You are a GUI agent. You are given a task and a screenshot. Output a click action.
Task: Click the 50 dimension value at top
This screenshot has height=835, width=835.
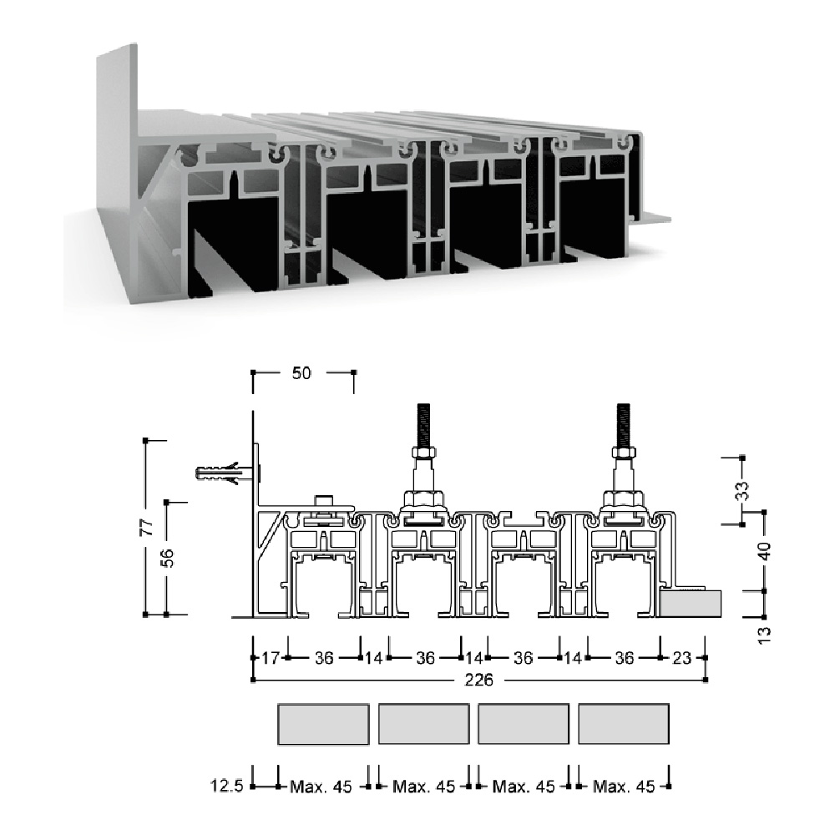point(301,372)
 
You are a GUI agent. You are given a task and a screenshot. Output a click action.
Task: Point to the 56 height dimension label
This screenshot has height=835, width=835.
point(167,558)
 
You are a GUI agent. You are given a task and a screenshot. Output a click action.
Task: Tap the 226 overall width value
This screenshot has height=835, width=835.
point(478,680)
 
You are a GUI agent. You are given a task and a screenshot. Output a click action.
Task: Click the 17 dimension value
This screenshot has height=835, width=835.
point(270,658)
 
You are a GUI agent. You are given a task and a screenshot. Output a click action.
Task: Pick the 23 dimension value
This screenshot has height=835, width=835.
point(681,658)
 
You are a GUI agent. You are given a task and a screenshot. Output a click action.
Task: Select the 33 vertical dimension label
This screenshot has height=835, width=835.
point(741,490)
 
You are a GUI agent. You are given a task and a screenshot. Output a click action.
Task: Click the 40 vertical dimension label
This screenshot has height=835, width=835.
point(764,550)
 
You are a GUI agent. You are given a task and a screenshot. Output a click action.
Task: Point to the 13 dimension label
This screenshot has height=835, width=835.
point(764,635)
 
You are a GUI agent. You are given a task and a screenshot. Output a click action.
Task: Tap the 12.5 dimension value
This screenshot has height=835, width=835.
point(226,786)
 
